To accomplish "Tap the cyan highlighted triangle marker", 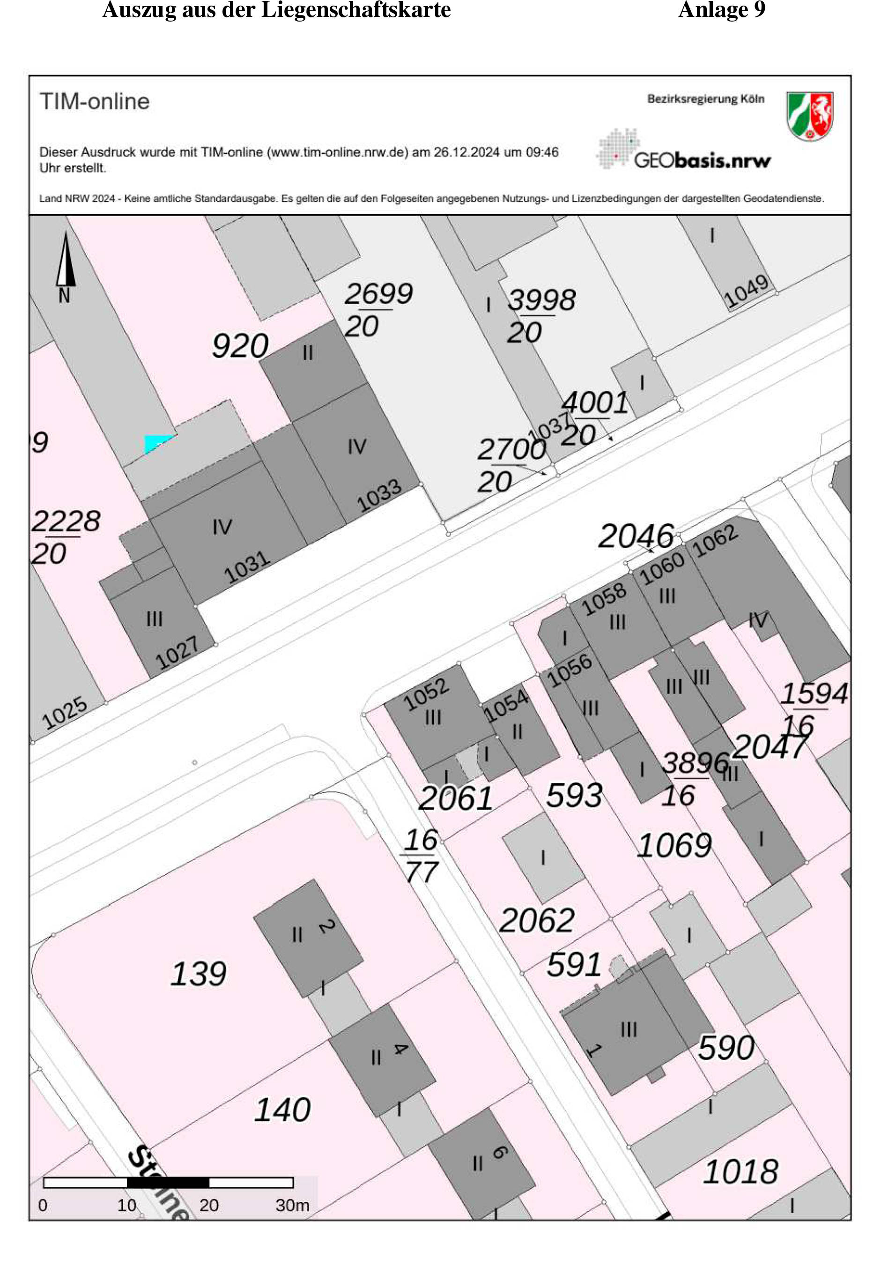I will click(156, 442).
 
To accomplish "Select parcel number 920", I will click(240, 346).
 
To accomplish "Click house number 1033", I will click(378, 495).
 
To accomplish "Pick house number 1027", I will click(177, 652).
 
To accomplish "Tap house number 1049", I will click(746, 291).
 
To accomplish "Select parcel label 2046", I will click(636, 536).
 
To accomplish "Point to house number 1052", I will click(426, 694).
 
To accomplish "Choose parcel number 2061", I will click(456, 798).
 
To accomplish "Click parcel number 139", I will click(199, 974).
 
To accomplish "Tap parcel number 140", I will click(282, 1110).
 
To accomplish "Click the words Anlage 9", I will click(721, 10).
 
